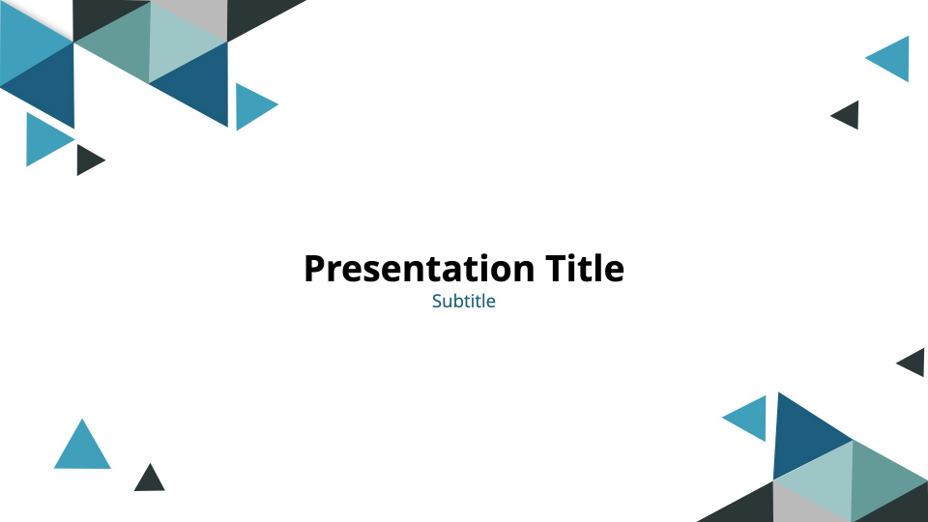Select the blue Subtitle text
[x=464, y=301]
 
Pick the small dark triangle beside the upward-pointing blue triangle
[x=150, y=479]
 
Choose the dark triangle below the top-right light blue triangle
[x=848, y=115]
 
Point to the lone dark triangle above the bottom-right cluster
[x=913, y=362]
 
